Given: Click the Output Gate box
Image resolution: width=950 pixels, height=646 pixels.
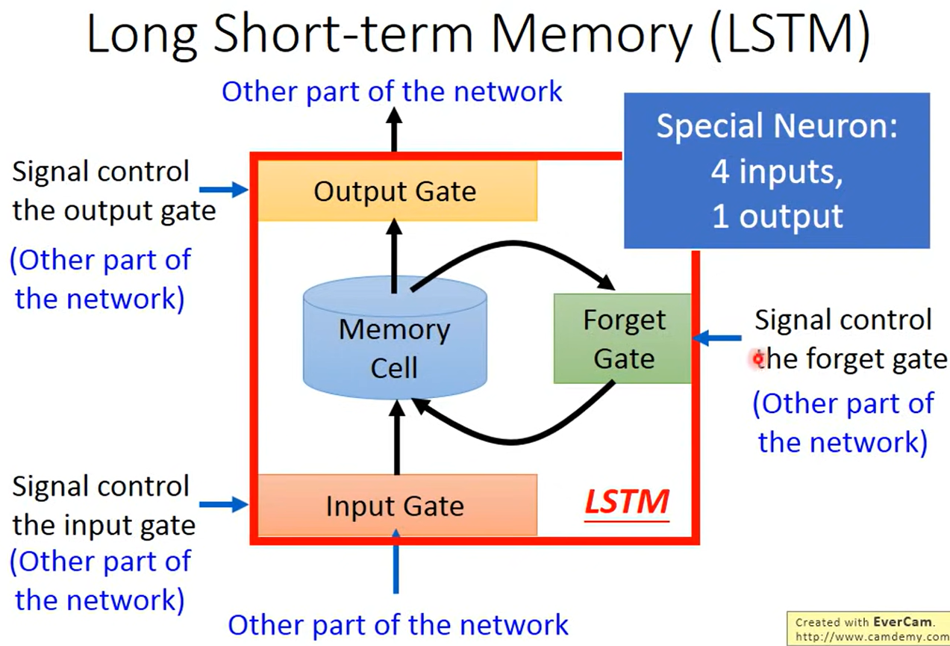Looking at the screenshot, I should (x=396, y=191).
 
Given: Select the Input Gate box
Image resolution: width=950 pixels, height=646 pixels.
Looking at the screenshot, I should (x=396, y=506).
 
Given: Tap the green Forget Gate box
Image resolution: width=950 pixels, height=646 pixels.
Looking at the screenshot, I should (x=623, y=339).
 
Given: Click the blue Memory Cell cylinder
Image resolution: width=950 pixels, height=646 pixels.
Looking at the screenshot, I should (x=395, y=341).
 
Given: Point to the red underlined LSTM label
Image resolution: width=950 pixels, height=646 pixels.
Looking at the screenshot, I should (x=625, y=503).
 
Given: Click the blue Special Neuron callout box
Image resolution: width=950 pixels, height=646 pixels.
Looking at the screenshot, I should (x=776, y=171).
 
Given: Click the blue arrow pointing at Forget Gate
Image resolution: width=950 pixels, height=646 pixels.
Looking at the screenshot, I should (x=716, y=339).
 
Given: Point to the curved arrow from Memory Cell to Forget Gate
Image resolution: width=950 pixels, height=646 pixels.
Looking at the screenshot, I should (x=515, y=251).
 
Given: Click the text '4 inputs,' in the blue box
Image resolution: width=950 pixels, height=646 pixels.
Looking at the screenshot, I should (x=776, y=172).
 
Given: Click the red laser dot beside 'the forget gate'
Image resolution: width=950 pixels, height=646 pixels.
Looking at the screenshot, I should (x=758, y=360).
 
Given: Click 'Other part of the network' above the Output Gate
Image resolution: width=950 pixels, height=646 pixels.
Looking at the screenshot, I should (x=393, y=92).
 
